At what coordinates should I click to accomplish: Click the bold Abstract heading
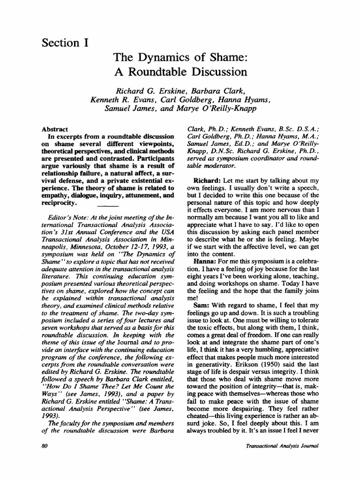[55, 129]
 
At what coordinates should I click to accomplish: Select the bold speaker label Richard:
[207, 181]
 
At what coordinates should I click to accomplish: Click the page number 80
[45, 446]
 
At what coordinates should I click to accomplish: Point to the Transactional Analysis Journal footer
[282, 446]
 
